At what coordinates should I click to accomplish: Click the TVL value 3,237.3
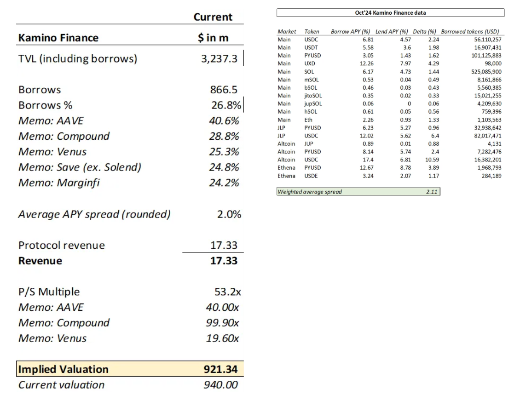(x=219, y=59)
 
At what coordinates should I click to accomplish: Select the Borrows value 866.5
(x=224, y=90)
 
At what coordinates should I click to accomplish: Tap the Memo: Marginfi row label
(x=59, y=183)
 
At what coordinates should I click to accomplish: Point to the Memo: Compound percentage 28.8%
(x=224, y=136)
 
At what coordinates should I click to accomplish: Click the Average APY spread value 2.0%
(x=229, y=214)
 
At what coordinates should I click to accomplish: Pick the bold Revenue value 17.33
(x=224, y=261)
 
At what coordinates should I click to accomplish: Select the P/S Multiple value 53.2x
(x=227, y=292)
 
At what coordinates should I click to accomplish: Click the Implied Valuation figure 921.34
(x=220, y=369)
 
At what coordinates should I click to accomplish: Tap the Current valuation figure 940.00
(x=220, y=385)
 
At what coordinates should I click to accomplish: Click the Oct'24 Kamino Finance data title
(x=390, y=12)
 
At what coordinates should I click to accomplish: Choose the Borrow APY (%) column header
(x=350, y=31)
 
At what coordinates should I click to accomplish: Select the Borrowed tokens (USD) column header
(x=470, y=31)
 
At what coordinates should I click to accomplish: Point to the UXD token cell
(x=310, y=63)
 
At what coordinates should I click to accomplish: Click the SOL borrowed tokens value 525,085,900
(x=486, y=72)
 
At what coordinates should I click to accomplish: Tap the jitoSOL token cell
(x=313, y=96)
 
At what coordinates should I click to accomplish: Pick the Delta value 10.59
(x=432, y=160)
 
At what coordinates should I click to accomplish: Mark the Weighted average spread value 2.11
(x=432, y=192)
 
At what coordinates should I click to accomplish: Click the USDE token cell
(x=311, y=176)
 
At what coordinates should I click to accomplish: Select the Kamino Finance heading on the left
(x=58, y=38)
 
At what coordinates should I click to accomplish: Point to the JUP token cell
(x=309, y=143)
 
